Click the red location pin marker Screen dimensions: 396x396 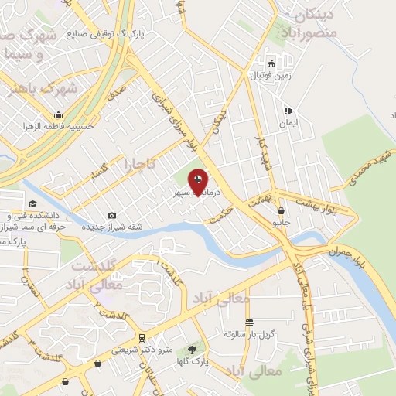click(199, 182)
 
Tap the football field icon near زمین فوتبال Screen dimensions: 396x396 click(270, 64)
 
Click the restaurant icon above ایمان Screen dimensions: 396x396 click(287, 111)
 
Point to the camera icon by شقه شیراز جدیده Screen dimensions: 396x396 click(111, 215)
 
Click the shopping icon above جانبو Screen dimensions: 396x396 click(280, 210)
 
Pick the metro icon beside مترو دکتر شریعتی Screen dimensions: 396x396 click(142, 338)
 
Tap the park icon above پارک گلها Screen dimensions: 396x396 click(192, 350)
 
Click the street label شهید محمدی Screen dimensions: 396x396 click(370, 167)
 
